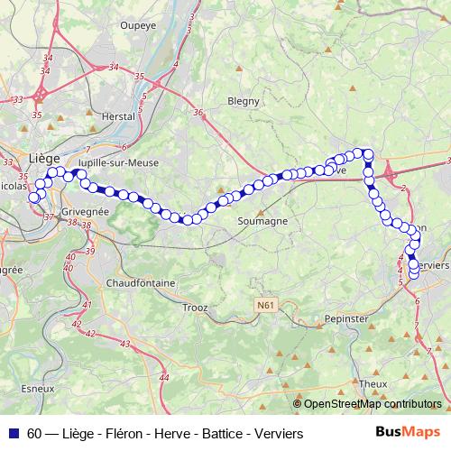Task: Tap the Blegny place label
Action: [x=244, y=101]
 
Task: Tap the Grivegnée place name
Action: [x=85, y=211]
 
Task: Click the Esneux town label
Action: [x=36, y=389]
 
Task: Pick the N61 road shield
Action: [x=263, y=307]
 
